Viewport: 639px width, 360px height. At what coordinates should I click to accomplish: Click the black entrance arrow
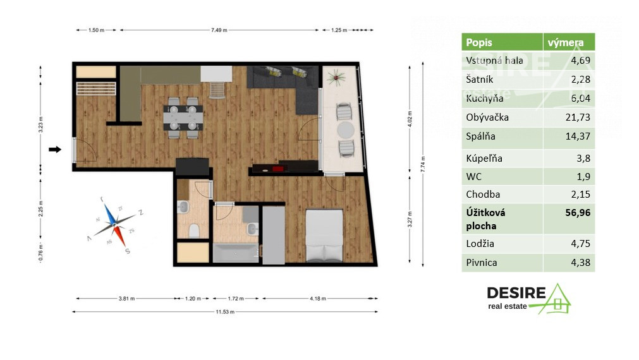tap(55, 150)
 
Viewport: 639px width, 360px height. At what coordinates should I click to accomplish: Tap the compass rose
tap(115, 220)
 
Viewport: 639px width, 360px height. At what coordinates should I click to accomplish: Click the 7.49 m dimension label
tap(219, 30)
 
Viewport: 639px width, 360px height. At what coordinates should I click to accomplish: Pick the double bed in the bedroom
tap(324, 236)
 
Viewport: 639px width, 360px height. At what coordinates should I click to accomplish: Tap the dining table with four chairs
tap(183, 116)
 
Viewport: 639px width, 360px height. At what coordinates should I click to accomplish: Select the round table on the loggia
tap(345, 130)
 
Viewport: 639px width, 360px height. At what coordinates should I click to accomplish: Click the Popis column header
tap(478, 43)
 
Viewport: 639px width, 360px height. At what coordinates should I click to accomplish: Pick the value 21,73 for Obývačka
tap(578, 117)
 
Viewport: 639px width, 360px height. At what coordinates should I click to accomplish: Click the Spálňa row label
tap(479, 138)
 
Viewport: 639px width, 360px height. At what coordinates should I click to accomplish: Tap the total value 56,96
tap(578, 213)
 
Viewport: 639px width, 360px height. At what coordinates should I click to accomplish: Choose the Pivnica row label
tap(481, 263)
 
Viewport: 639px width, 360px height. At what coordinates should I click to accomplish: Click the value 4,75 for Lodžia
tap(580, 244)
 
